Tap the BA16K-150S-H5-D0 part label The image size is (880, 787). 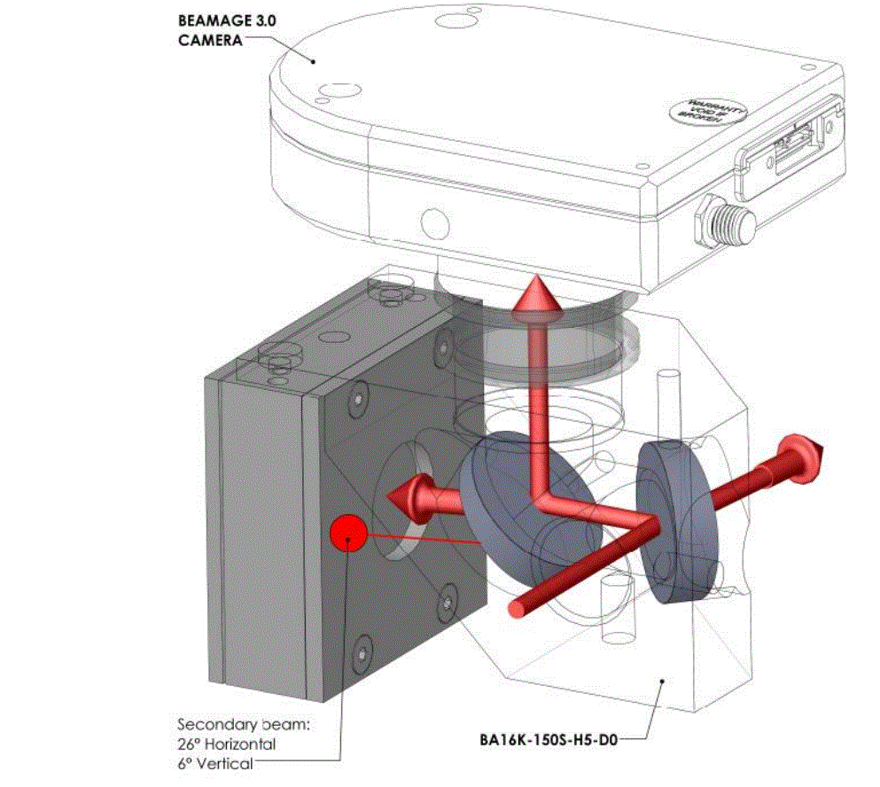(x=548, y=735)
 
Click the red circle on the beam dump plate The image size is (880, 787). (x=348, y=533)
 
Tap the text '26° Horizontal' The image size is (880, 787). (x=228, y=744)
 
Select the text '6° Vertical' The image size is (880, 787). (x=215, y=763)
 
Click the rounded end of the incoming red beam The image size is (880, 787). (x=517, y=608)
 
